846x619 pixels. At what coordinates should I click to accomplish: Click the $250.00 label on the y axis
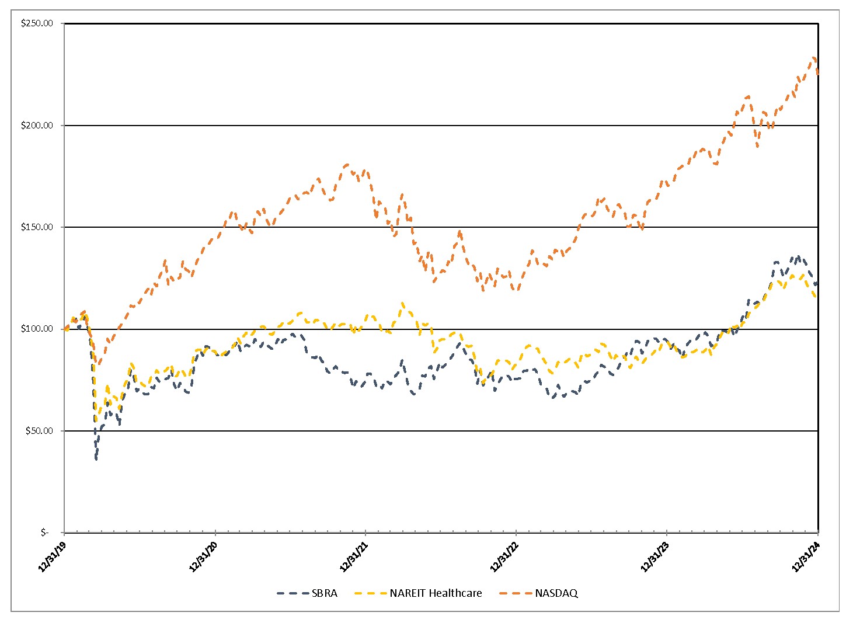coord(37,23)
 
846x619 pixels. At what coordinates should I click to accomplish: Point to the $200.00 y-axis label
coord(37,126)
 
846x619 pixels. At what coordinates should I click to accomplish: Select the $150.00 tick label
coord(37,227)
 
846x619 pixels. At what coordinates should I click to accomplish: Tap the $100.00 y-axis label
coord(37,329)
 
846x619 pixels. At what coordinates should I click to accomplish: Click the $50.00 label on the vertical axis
coord(39,431)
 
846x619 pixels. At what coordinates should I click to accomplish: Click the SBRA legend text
coord(324,593)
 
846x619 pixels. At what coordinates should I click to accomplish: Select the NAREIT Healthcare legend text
coord(436,593)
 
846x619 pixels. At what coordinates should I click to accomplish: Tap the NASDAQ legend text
coord(556,593)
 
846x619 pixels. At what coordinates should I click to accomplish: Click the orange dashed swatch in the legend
coord(514,593)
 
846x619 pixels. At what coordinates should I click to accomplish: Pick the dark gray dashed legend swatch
coord(291,593)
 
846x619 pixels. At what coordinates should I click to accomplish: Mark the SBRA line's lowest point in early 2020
coord(96,459)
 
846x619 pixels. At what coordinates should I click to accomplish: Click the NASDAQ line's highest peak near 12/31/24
coord(814,58)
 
